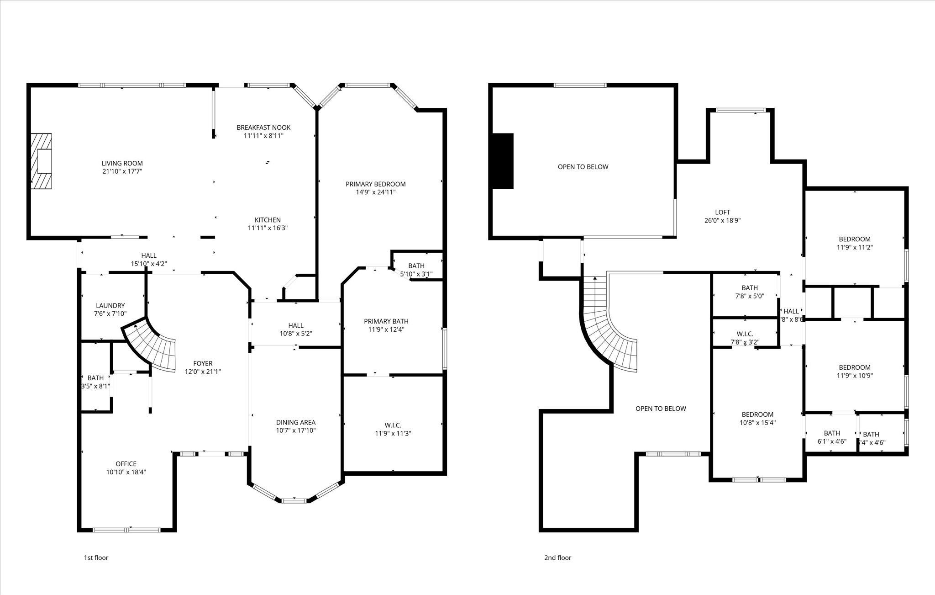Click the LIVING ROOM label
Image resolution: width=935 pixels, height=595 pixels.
pos(122,163)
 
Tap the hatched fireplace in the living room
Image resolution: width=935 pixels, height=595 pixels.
pos(41,160)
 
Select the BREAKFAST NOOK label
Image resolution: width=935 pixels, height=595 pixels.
pos(263,127)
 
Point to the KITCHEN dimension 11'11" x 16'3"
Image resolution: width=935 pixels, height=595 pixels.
pos(268,228)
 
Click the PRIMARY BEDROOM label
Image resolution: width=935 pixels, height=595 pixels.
pos(375,184)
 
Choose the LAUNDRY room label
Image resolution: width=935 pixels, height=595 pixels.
pos(110,306)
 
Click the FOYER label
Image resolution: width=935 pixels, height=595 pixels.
pos(203,363)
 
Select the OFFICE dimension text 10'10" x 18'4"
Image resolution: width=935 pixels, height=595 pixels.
pos(126,472)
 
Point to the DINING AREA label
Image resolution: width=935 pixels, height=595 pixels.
pos(295,422)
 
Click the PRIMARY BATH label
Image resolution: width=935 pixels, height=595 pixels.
pos(386,321)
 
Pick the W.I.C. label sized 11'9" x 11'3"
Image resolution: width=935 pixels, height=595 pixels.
pos(393,425)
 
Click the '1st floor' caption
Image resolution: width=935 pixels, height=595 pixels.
pos(96,558)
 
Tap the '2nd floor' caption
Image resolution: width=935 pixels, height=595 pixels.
pos(557,558)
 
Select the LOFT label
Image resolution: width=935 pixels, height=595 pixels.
pos(722,212)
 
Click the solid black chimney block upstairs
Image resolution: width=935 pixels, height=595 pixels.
pos(502,161)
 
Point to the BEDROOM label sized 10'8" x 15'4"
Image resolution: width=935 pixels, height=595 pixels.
pos(757,414)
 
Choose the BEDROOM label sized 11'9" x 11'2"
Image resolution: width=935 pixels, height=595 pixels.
pos(854,239)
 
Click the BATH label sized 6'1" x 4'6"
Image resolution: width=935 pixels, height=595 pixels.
pos(832,433)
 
